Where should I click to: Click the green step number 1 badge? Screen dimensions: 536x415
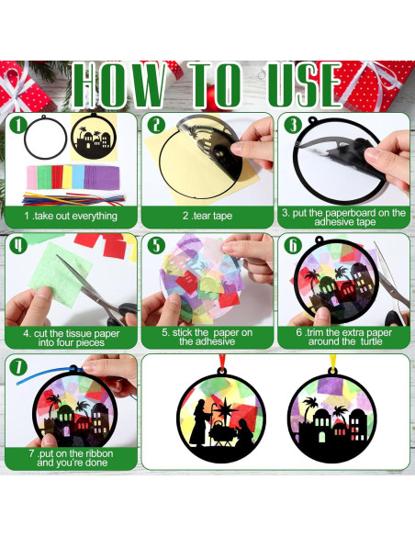pos(17,124)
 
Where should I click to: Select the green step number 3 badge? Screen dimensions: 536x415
pos(293,126)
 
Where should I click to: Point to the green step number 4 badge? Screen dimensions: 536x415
pos(17,245)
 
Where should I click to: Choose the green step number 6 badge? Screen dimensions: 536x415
pos(293,246)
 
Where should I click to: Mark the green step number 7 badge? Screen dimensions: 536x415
pos(17,366)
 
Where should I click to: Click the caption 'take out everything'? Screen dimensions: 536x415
pos(71,216)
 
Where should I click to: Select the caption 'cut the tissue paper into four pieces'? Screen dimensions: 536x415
pos(71,337)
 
